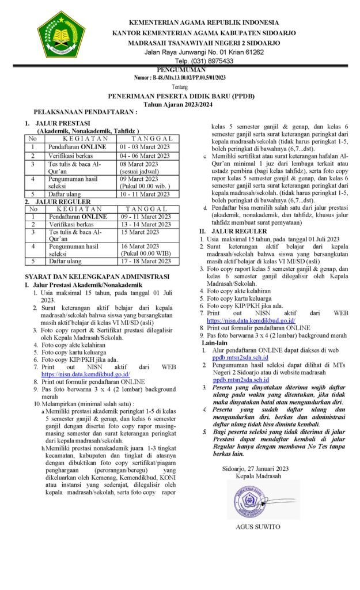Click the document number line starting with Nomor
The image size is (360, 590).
pos(180,77)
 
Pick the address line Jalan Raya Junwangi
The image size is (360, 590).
pos(204,52)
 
